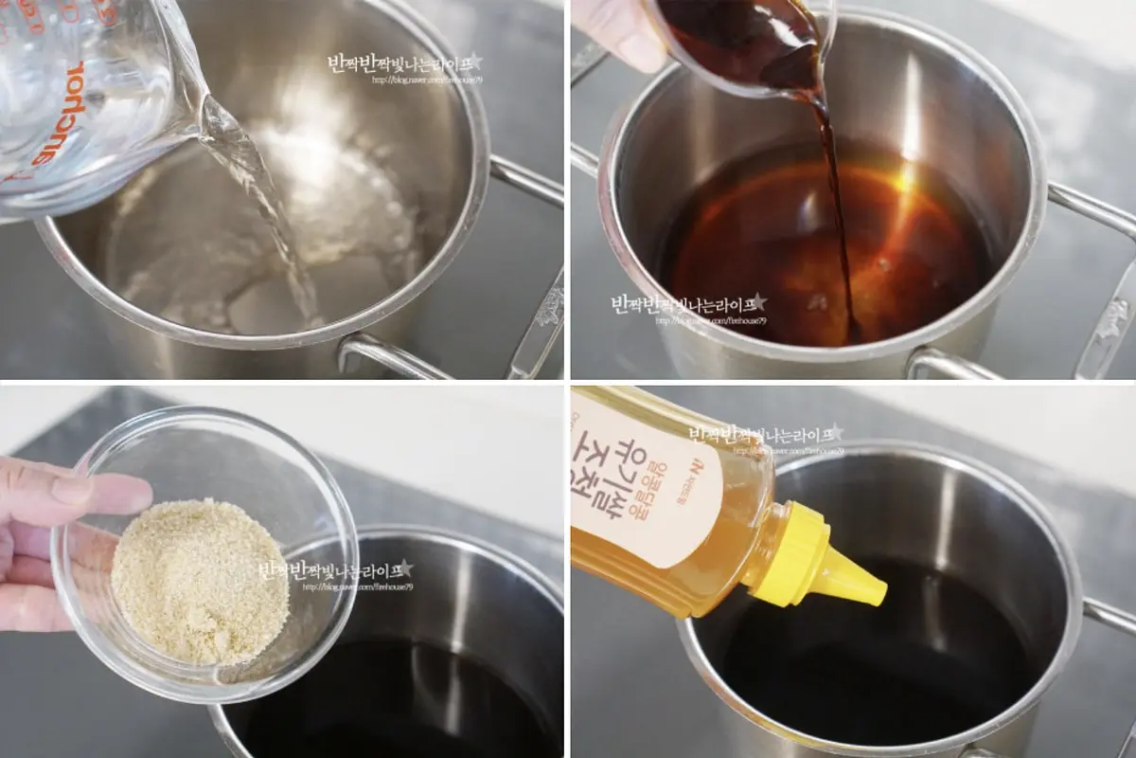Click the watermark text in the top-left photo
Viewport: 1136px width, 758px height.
tap(402, 64)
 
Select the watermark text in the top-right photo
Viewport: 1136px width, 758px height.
tap(687, 305)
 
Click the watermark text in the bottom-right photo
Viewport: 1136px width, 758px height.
tap(763, 435)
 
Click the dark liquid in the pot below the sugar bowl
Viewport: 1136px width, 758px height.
tap(398, 701)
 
